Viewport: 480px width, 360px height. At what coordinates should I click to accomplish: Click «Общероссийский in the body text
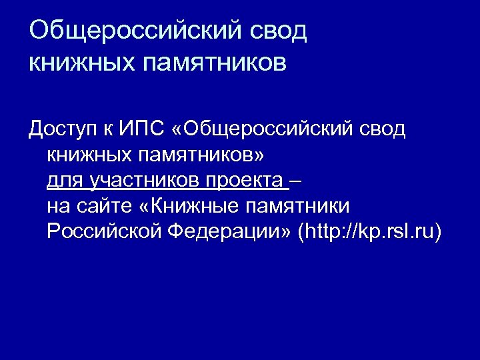point(261,128)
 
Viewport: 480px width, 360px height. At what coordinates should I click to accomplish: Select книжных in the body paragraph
point(87,154)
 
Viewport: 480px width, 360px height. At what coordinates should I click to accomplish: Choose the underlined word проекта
point(243,180)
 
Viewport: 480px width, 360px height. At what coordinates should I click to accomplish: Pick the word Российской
point(104,231)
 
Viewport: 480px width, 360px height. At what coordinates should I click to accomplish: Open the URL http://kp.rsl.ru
point(371,231)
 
